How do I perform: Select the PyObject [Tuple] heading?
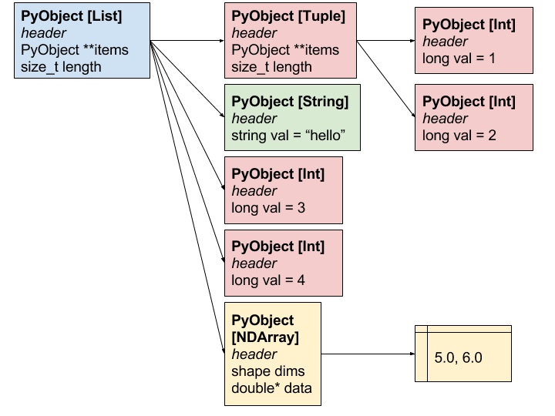[x=288, y=16]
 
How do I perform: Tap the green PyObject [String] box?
[x=291, y=118]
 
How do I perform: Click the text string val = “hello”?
[x=288, y=136]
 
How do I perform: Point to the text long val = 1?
[x=459, y=59]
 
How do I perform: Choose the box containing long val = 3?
[x=283, y=191]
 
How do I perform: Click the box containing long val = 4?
[x=283, y=263]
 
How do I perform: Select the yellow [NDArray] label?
[x=265, y=337]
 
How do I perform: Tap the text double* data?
[x=272, y=387]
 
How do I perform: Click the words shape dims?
[x=269, y=371]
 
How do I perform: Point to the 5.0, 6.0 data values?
[x=459, y=359]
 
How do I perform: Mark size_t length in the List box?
[x=62, y=67]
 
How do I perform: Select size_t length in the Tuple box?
[x=272, y=67]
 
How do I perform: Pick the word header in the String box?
[x=254, y=119]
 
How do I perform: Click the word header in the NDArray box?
[x=254, y=354]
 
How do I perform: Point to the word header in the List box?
[x=44, y=33]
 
